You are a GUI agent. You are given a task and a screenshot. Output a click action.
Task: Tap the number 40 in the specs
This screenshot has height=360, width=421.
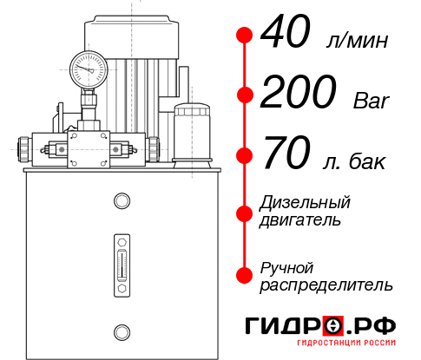(x=288, y=36)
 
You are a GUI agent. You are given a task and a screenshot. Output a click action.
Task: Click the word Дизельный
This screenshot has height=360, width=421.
(x=305, y=203)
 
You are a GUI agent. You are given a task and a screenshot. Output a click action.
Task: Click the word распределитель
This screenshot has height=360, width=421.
(x=326, y=285)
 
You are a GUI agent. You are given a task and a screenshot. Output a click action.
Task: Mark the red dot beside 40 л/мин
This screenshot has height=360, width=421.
(x=245, y=36)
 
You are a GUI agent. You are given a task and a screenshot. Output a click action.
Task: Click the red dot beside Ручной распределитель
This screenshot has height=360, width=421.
(x=245, y=274)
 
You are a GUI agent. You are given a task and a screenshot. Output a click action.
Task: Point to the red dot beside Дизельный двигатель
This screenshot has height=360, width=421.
(x=245, y=212)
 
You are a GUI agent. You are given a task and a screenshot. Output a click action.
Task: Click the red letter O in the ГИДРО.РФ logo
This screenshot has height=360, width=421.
(x=332, y=325)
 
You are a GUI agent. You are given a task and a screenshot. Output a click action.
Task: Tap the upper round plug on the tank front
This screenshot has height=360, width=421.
(x=121, y=201)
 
